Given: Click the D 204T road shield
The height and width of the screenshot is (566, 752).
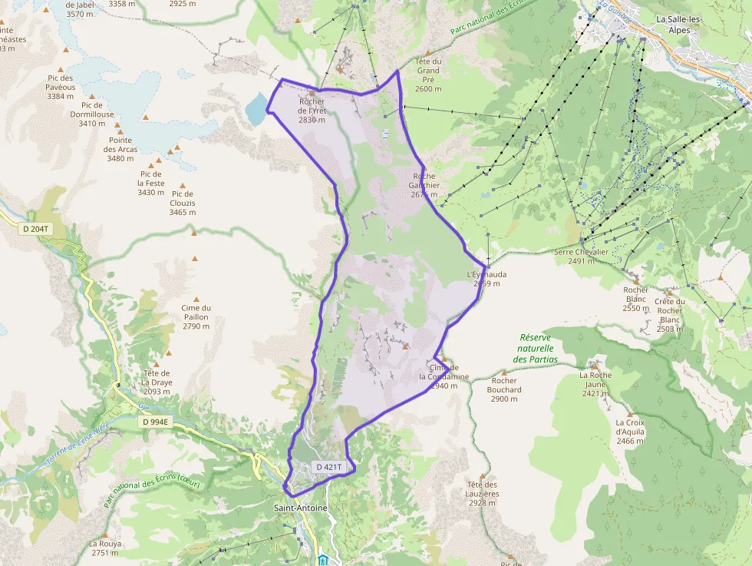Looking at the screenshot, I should [35, 228].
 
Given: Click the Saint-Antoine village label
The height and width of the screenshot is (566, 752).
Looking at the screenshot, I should [301, 508].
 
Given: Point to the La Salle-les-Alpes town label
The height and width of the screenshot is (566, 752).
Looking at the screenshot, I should [684, 25].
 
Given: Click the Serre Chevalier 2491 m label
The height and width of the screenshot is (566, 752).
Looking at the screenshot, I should [582, 257].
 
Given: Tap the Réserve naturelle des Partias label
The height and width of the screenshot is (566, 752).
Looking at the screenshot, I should [536, 348].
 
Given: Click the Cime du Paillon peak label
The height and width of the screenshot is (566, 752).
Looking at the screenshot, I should [196, 316].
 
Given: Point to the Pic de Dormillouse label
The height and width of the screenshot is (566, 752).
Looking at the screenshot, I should [92, 114].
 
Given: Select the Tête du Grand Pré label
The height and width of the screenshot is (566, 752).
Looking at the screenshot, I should [428, 74].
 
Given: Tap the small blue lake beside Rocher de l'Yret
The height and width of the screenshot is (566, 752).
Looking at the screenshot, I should [256, 111].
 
